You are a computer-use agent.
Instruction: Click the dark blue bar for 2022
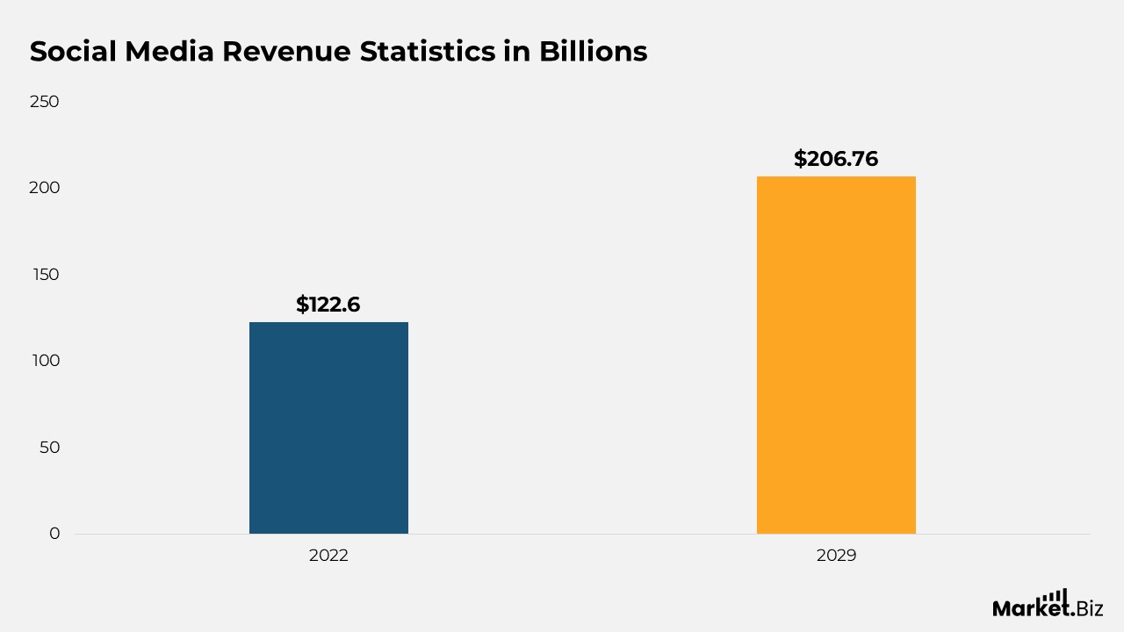328,427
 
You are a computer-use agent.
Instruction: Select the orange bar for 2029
836,355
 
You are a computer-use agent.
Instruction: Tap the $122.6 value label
328,305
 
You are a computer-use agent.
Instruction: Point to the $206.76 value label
836,159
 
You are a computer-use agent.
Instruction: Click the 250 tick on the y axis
44,102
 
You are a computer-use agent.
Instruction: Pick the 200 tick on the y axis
44,188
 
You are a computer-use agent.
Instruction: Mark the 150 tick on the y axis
46,275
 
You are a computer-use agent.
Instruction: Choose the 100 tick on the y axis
46,361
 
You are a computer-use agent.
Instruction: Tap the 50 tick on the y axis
49,448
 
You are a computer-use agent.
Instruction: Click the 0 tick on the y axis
54,534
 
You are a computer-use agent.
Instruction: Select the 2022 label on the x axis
328,556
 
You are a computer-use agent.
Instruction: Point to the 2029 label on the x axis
836,556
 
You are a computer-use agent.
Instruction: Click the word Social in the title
73,52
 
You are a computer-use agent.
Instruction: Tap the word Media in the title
169,52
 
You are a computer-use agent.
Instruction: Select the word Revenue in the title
286,52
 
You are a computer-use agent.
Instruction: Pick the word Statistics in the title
428,52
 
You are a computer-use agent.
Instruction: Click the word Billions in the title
593,52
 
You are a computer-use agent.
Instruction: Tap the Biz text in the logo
1089,608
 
